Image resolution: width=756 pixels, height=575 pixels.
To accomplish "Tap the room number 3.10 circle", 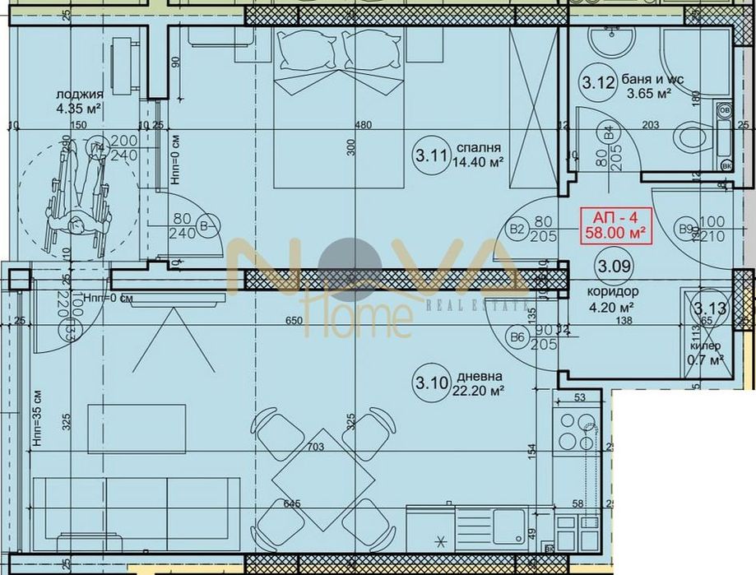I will (431, 382).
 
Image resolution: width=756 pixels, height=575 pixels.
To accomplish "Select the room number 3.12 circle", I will (598, 82).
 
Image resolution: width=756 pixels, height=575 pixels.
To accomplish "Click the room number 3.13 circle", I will (706, 308).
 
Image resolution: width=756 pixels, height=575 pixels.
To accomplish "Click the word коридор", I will (612, 293).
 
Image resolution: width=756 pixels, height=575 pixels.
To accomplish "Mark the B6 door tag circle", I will (517, 336).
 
